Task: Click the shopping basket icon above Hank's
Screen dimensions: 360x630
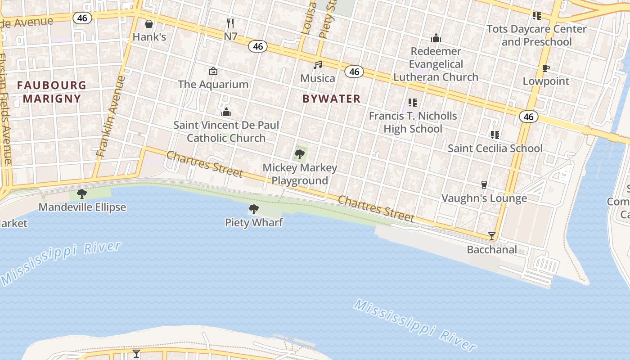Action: click(x=149, y=24)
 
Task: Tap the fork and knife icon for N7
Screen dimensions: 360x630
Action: click(x=230, y=23)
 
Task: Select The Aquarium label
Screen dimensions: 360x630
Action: click(x=213, y=84)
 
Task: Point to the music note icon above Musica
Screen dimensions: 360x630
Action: click(x=318, y=65)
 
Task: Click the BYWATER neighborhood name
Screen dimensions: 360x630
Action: click(x=332, y=99)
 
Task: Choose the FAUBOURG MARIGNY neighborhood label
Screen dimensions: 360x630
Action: click(x=52, y=92)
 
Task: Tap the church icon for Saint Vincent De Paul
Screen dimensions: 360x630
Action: click(x=226, y=112)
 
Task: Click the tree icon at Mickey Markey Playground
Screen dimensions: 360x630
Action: click(x=299, y=155)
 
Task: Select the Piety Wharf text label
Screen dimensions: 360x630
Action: click(x=254, y=222)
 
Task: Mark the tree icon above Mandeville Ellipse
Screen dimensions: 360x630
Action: click(x=82, y=194)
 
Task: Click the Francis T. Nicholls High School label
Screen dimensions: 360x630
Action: click(x=413, y=122)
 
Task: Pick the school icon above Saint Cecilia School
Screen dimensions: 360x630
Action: click(x=495, y=135)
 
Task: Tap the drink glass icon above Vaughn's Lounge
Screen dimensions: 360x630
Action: click(x=484, y=184)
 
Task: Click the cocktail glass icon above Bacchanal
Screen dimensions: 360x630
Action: click(x=492, y=236)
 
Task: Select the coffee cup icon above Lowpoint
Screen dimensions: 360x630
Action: click(x=546, y=68)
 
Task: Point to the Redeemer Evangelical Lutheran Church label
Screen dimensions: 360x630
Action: click(x=436, y=64)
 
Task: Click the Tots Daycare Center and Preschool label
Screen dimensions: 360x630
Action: click(x=536, y=36)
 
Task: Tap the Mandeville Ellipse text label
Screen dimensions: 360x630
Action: click(x=82, y=207)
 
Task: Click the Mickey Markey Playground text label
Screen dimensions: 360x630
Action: click(x=300, y=174)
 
